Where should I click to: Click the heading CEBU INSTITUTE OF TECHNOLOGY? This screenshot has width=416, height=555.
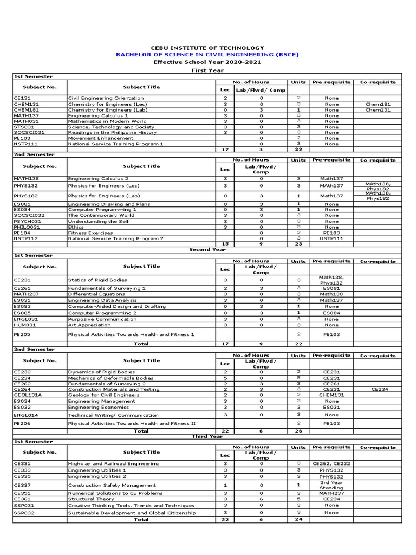[x=207, y=48]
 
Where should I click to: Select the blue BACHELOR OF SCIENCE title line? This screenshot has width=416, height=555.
[x=207, y=55]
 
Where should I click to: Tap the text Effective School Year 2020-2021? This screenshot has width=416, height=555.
[x=207, y=62]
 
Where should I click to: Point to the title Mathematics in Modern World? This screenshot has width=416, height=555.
[x=107, y=121]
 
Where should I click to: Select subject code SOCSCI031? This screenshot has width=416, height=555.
[x=29, y=132]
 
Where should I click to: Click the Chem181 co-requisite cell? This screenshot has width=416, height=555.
[x=378, y=104]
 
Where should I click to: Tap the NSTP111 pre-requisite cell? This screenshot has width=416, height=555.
[x=331, y=238]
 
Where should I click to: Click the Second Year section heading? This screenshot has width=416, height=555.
[x=207, y=250]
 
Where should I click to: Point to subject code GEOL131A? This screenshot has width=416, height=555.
[x=28, y=395]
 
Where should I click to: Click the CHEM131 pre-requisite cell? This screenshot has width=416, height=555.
[x=331, y=395]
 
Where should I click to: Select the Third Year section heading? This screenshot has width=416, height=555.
[x=207, y=436]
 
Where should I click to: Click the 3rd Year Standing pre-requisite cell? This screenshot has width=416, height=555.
[x=331, y=485]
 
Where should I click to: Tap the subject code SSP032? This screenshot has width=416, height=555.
[x=24, y=512]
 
